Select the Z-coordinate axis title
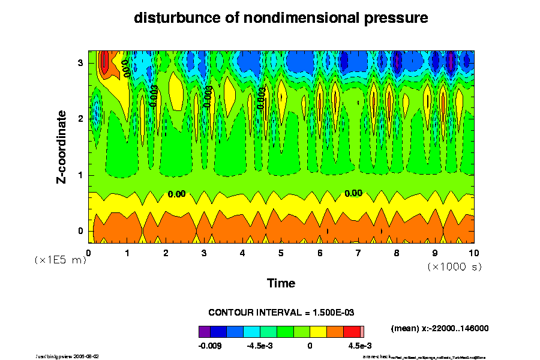coord(62,146)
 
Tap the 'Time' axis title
coord(281,283)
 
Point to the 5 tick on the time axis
coord(281,253)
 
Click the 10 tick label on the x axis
coord(474,253)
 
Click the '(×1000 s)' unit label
coord(454,266)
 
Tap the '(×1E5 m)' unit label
coord(60,260)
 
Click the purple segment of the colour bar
coord(205,331)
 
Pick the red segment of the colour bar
coord(351,331)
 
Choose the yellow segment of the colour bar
coord(318,331)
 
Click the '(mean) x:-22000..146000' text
coord(440,329)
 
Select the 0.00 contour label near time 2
coord(176,194)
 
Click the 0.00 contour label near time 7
coord(353,193)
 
